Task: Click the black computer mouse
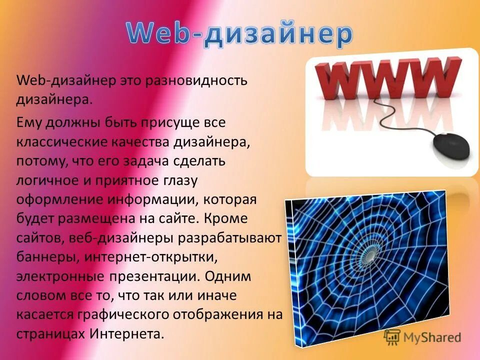coord(450,147)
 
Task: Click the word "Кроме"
coord(228,218)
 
